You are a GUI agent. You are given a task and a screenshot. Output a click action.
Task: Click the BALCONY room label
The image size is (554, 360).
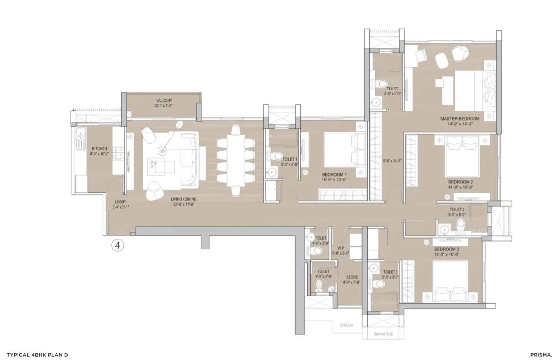(163, 100)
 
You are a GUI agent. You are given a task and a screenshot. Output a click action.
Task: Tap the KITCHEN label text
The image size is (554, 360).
(100, 149)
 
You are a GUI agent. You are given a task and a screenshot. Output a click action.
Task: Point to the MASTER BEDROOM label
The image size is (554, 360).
(460, 119)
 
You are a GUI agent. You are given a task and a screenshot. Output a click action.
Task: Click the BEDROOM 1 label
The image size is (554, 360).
(334, 174)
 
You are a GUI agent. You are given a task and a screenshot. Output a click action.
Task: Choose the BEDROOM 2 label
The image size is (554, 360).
(460, 182)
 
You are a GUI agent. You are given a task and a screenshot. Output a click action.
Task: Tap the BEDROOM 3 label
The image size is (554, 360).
(446, 249)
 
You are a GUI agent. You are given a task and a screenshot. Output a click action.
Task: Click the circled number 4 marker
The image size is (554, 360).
(117, 245)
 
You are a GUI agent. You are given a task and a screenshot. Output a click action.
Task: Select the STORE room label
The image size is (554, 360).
(351, 277)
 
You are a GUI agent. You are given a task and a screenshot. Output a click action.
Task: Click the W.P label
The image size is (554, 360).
(341, 248)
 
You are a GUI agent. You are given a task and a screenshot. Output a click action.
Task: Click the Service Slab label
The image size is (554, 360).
(383, 335)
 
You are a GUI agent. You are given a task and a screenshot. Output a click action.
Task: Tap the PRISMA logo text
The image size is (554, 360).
(538, 354)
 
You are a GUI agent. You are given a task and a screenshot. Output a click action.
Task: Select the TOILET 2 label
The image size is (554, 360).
(457, 210)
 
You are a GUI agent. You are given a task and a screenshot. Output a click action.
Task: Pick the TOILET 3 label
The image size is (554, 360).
(390, 272)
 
